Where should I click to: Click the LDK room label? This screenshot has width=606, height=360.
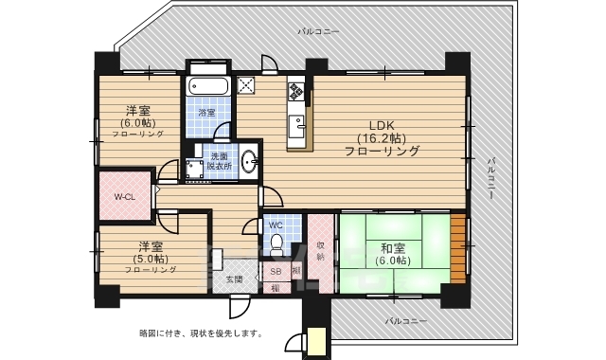click(382, 125)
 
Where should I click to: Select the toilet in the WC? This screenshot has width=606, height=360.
click(276, 243)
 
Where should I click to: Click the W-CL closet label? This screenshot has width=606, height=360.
click(124, 196)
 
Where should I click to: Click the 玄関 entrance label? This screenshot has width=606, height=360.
click(234, 279)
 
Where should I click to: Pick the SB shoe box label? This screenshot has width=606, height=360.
click(276, 271)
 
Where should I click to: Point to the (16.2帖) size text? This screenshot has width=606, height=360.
click(383, 138)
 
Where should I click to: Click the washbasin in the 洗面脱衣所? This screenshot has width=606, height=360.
click(248, 160)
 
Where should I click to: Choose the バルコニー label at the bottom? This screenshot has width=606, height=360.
click(406, 321)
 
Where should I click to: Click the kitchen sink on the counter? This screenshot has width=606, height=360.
click(297, 123)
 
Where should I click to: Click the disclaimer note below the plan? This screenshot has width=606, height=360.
click(201, 333)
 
